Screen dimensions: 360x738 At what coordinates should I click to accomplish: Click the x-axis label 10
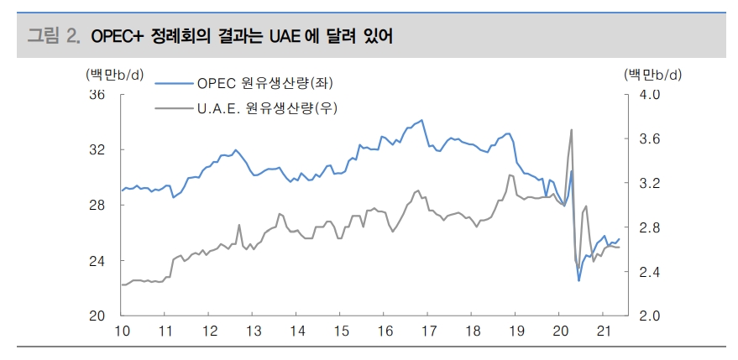point(122,331)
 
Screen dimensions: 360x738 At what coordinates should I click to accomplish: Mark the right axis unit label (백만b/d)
point(652,75)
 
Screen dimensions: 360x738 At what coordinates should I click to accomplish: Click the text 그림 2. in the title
point(53,36)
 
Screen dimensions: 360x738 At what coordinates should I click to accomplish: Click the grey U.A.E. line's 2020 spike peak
point(572,130)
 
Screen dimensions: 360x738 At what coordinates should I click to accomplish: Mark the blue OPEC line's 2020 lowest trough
point(578,280)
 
